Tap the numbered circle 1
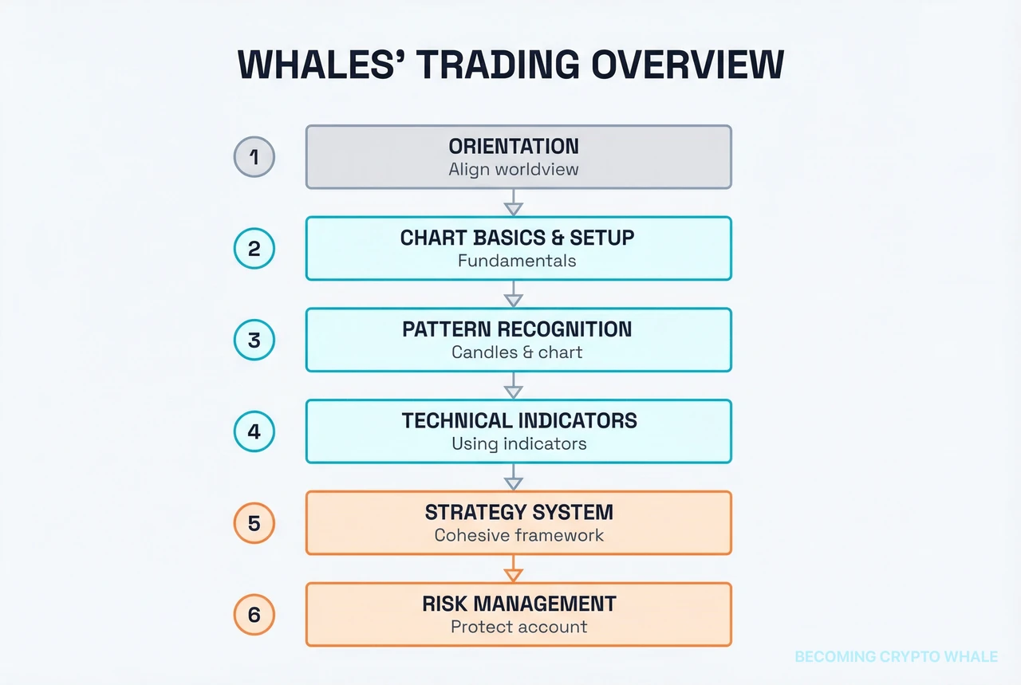coord(254,156)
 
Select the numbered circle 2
coord(254,248)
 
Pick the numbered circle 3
coord(254,340)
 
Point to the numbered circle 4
coord(254,431)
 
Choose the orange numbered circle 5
coord(254,523)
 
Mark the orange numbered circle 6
coord(254,615)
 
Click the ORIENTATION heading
coord(514,146)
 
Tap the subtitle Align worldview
coord(514,169)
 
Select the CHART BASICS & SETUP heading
coord(517,238)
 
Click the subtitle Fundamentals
coord(517,261)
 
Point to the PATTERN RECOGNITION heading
coord(517,329)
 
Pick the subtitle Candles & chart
coord(517,352)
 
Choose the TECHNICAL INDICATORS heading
coord(519,421)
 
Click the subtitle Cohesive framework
coord(519,535)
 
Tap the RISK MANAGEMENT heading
coord(519,604)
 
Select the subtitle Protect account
coord(519,627)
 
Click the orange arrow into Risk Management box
coord(514,569)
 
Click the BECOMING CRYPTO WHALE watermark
coord(896,656)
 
